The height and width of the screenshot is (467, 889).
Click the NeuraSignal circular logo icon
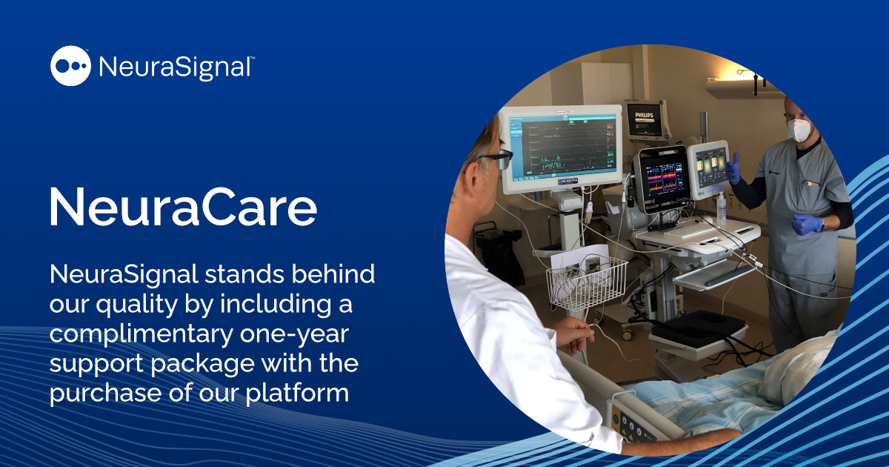click(70, 66)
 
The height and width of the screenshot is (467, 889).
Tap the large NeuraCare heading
click(184, 207)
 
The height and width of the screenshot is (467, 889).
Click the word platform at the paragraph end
click(297, 394)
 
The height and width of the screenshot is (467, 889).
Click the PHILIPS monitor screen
click(644, 119)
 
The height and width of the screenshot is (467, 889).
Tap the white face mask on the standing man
click(799, 130)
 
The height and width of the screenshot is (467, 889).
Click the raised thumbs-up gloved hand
click(733, 170)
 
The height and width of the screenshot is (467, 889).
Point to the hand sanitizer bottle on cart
click(721, 207)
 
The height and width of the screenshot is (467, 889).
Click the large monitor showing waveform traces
click(561, 148)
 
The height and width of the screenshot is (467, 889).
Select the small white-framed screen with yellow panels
click(709, 169)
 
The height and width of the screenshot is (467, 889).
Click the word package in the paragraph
click(202, 364)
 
